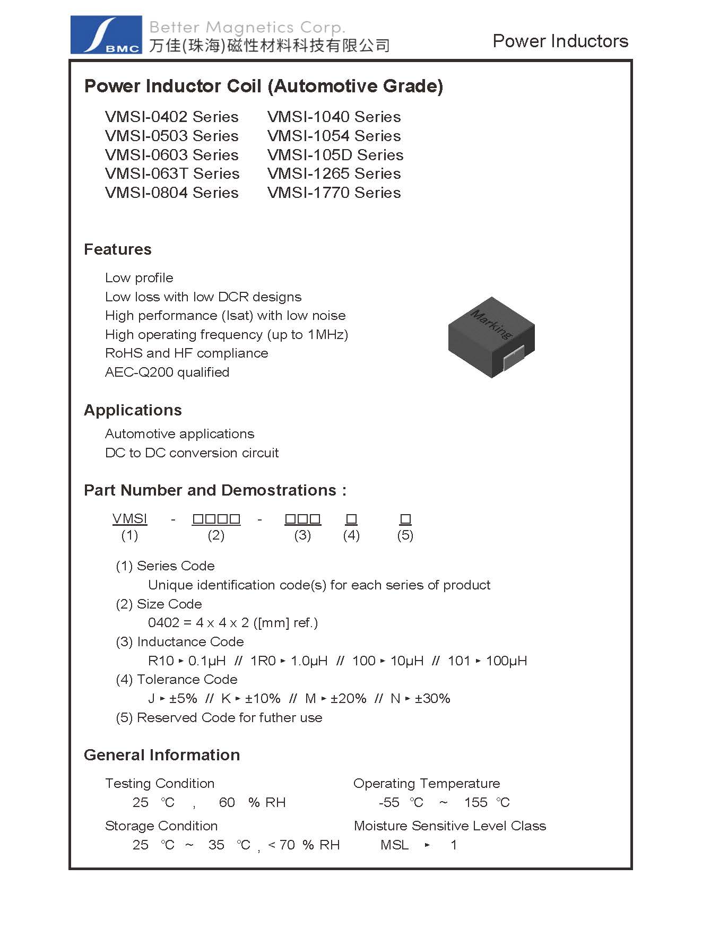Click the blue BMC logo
click(x=106, y=35)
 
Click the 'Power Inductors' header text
click(x=560, y=41)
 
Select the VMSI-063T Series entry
click(x=172, y=174)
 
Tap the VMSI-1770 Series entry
click(x=334, y=193)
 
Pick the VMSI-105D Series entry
click(x=335, y=155)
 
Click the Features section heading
click(x=117, y=249)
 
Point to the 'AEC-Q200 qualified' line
click(x=167, y=372)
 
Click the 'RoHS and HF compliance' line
click(x=186, y=353)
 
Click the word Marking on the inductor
click(x=491, y=324)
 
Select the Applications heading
click(x=133, y=410)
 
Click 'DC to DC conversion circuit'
click(x=192, y=453)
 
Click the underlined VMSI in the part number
click(x=129, y=518)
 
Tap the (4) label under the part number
click(x=351, y=535)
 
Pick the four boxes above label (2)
click(x=216, y=519)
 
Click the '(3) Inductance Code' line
click(x=180, y=642)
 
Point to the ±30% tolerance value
click(x=432, y=699)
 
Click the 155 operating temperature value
click(x=475, y=803)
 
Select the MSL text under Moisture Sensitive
click(x=394, y=845)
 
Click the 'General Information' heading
click(x=162, y=755)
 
